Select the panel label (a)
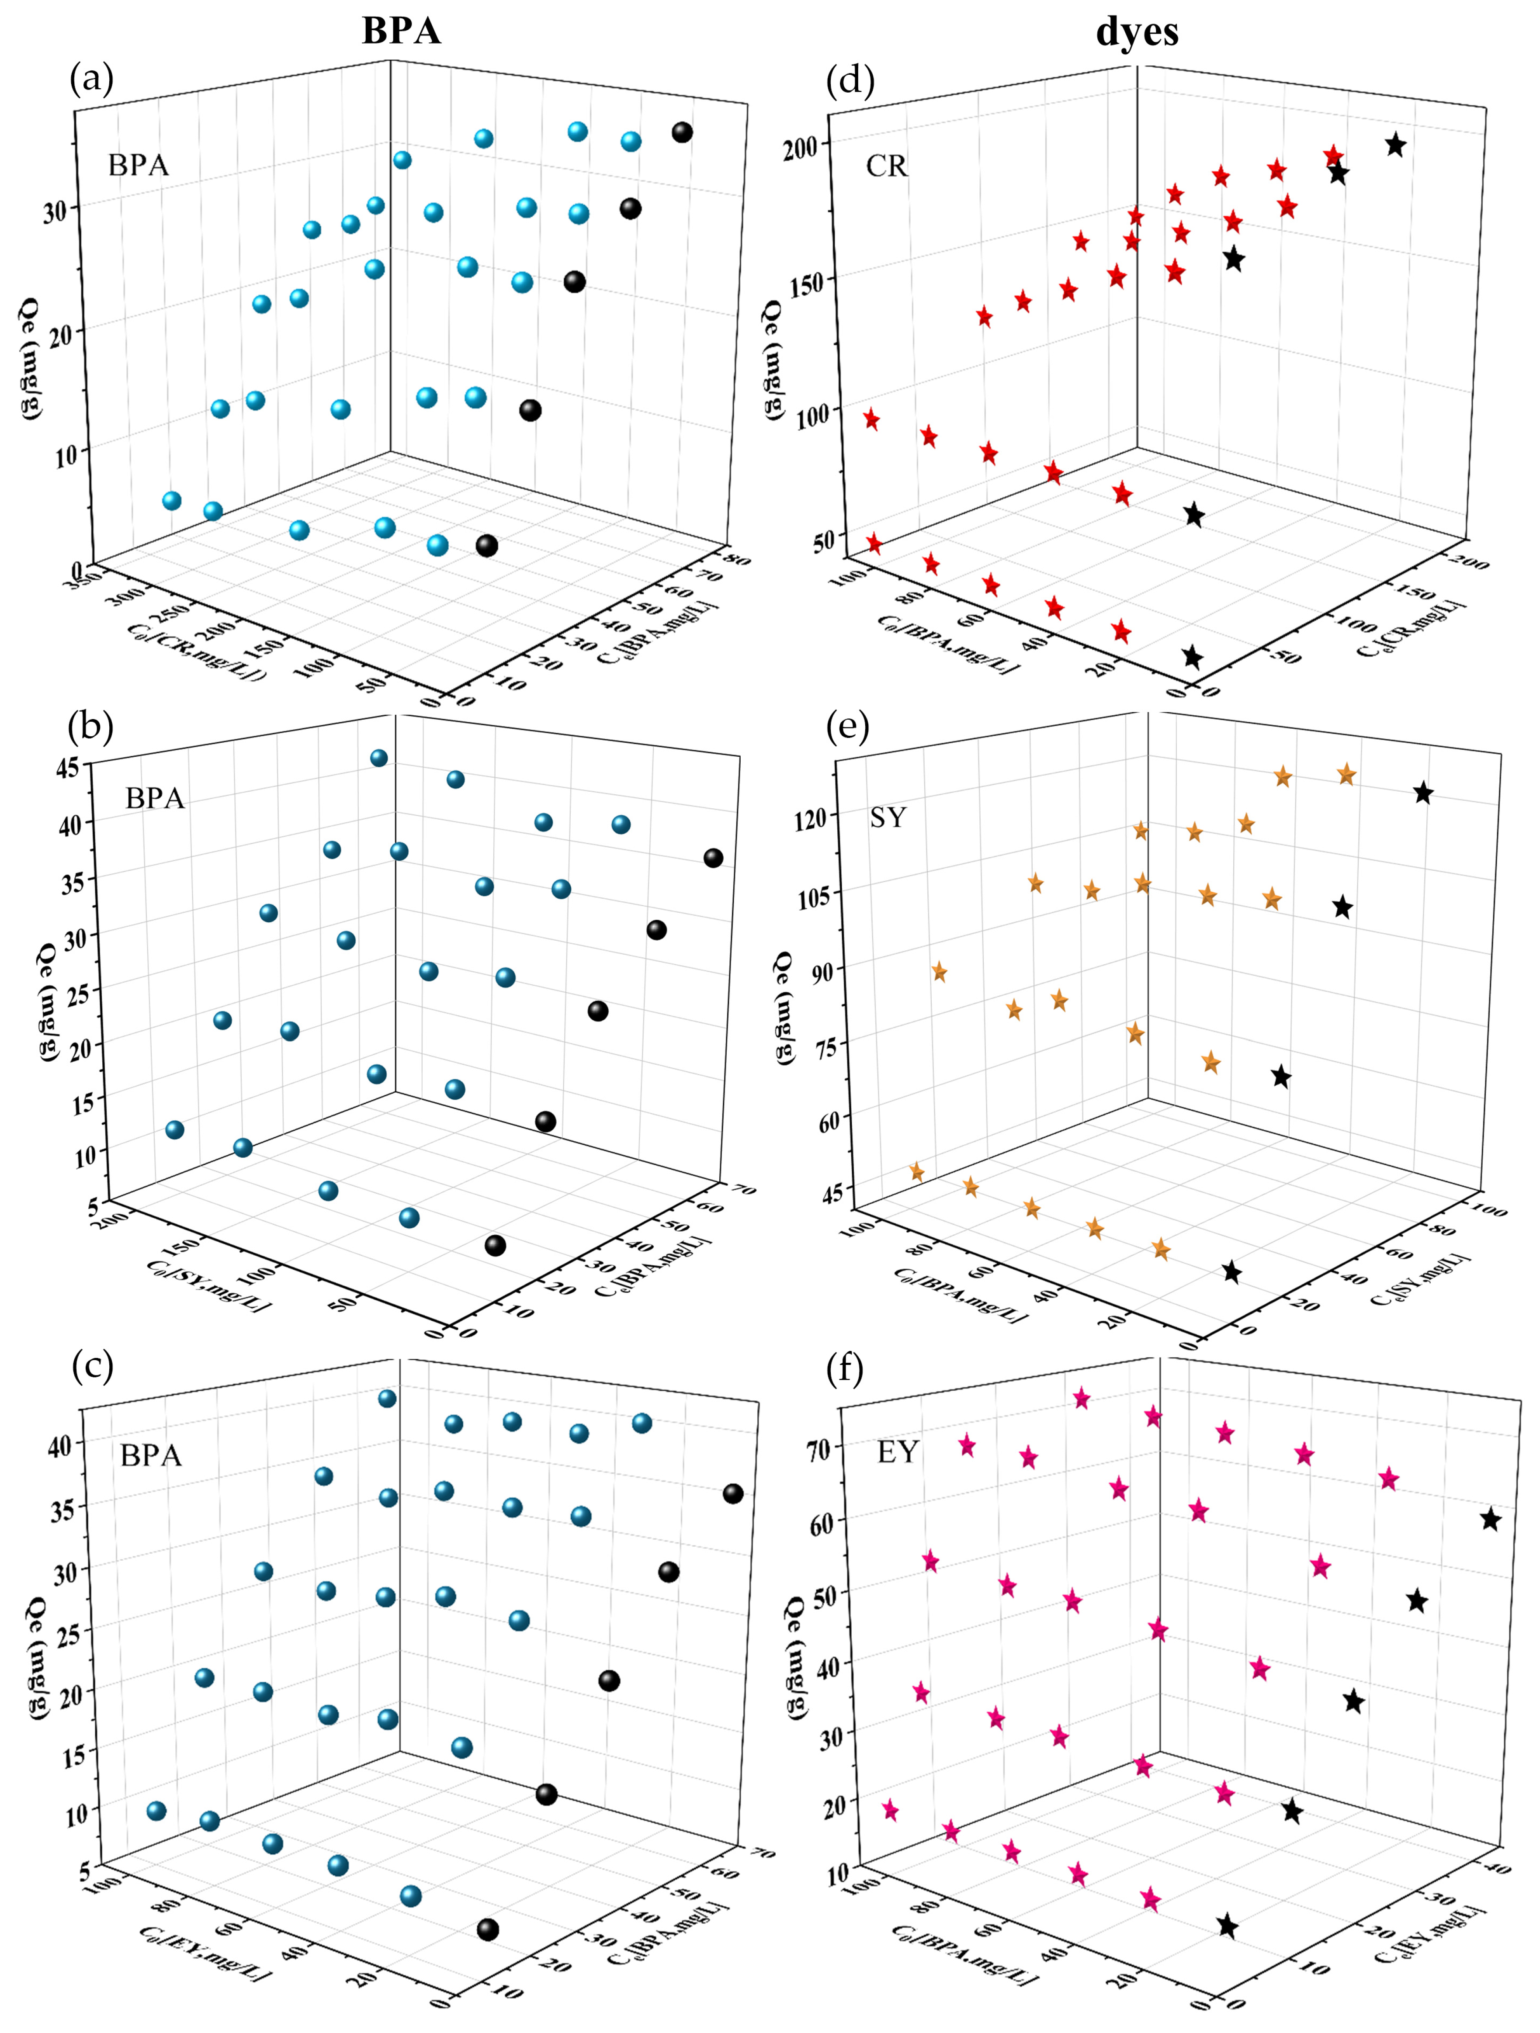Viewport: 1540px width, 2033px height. (x=92, y=81)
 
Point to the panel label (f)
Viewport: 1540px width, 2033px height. (x=844, y=1369)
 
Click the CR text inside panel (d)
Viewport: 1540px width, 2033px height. (x=886, y=166)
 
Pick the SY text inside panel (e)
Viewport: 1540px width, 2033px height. (x=888, y=817)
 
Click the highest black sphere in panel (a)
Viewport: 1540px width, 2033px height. (x=681, y=132)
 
